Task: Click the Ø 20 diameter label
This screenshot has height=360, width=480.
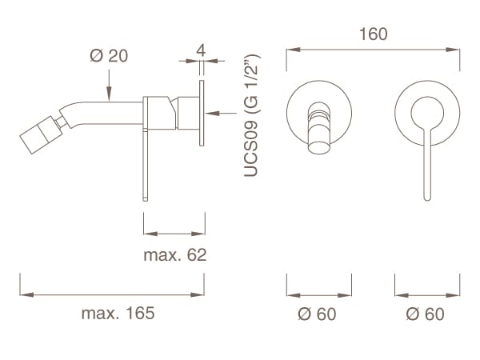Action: pyautogui.click(x=108, y=57)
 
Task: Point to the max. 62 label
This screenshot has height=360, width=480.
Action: pyautogui.click(x=174, y=256)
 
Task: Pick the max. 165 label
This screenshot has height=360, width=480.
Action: pyautogui.click(x=118, y=313)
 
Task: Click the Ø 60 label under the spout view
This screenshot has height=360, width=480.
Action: pyautogui.click(x=318, y=314)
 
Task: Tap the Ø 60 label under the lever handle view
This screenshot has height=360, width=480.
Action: pyautogui.click(x=426, y=314)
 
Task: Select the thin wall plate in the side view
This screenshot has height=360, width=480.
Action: pyautogui.click(x=202, y=111)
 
